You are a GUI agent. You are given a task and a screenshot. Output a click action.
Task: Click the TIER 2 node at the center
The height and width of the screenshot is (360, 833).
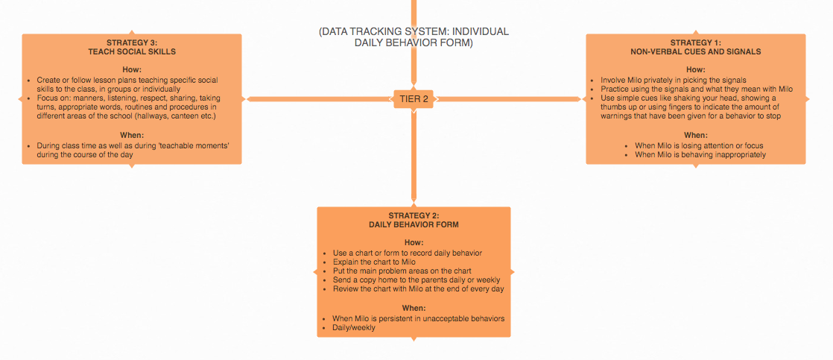coord(414,99)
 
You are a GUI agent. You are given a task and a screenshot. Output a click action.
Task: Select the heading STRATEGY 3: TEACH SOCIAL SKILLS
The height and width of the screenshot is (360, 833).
coord(132,47)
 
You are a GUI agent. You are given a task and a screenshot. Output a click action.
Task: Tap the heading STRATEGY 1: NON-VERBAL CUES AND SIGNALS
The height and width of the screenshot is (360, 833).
coord(695,47)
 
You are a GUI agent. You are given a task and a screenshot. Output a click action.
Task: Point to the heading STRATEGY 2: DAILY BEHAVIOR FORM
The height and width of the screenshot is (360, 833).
coord(414,220)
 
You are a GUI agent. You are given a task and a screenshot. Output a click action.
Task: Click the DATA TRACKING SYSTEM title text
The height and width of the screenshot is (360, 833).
coord(414,37)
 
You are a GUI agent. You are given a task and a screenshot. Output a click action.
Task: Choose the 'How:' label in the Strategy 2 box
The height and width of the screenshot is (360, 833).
coord(414,242)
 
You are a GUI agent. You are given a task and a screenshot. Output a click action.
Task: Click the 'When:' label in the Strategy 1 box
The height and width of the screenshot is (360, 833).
coord(695,135)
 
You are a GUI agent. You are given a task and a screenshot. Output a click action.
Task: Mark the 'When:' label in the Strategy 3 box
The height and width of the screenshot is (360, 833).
coord(132,135)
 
